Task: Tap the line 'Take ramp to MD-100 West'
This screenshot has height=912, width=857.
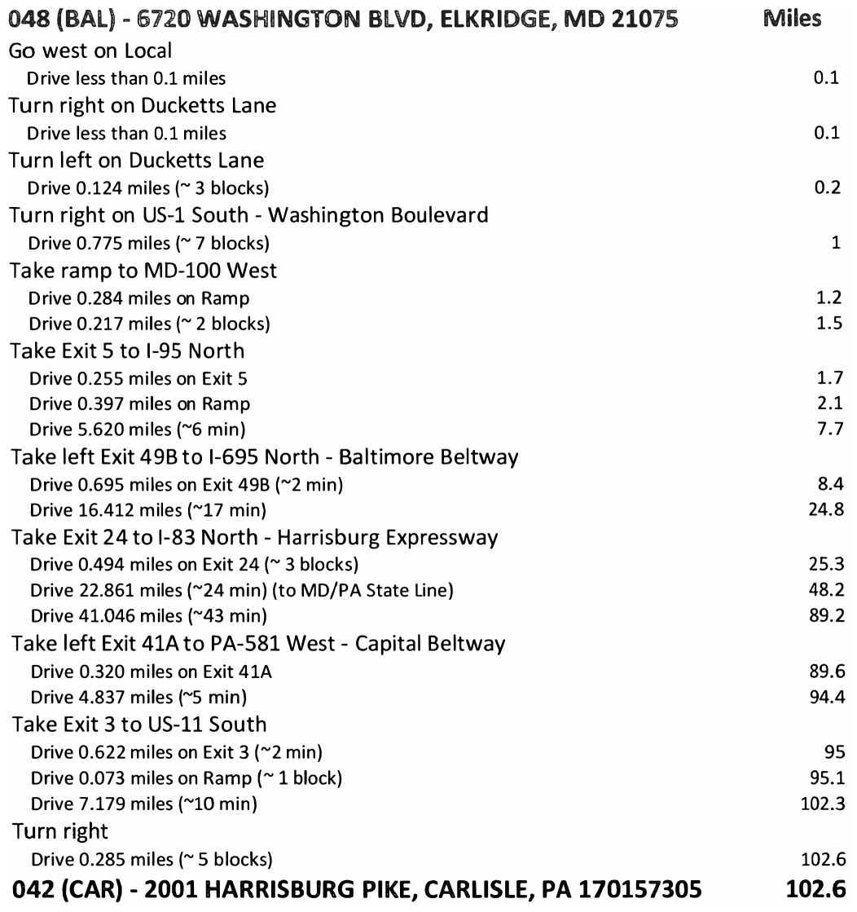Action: (x=143, y=271)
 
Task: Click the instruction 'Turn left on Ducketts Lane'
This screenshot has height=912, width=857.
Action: (x=136, y=161)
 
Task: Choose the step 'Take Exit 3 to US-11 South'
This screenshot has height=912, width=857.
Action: (x=138, y=723)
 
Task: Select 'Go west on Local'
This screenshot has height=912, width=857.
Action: (x=80, y=50)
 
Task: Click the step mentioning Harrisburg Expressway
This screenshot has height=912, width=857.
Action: (x=254, y=538)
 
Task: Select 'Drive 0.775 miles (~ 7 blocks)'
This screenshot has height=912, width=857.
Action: (x=148, y=244)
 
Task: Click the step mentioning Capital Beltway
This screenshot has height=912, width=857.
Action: (x=257, y=644)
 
